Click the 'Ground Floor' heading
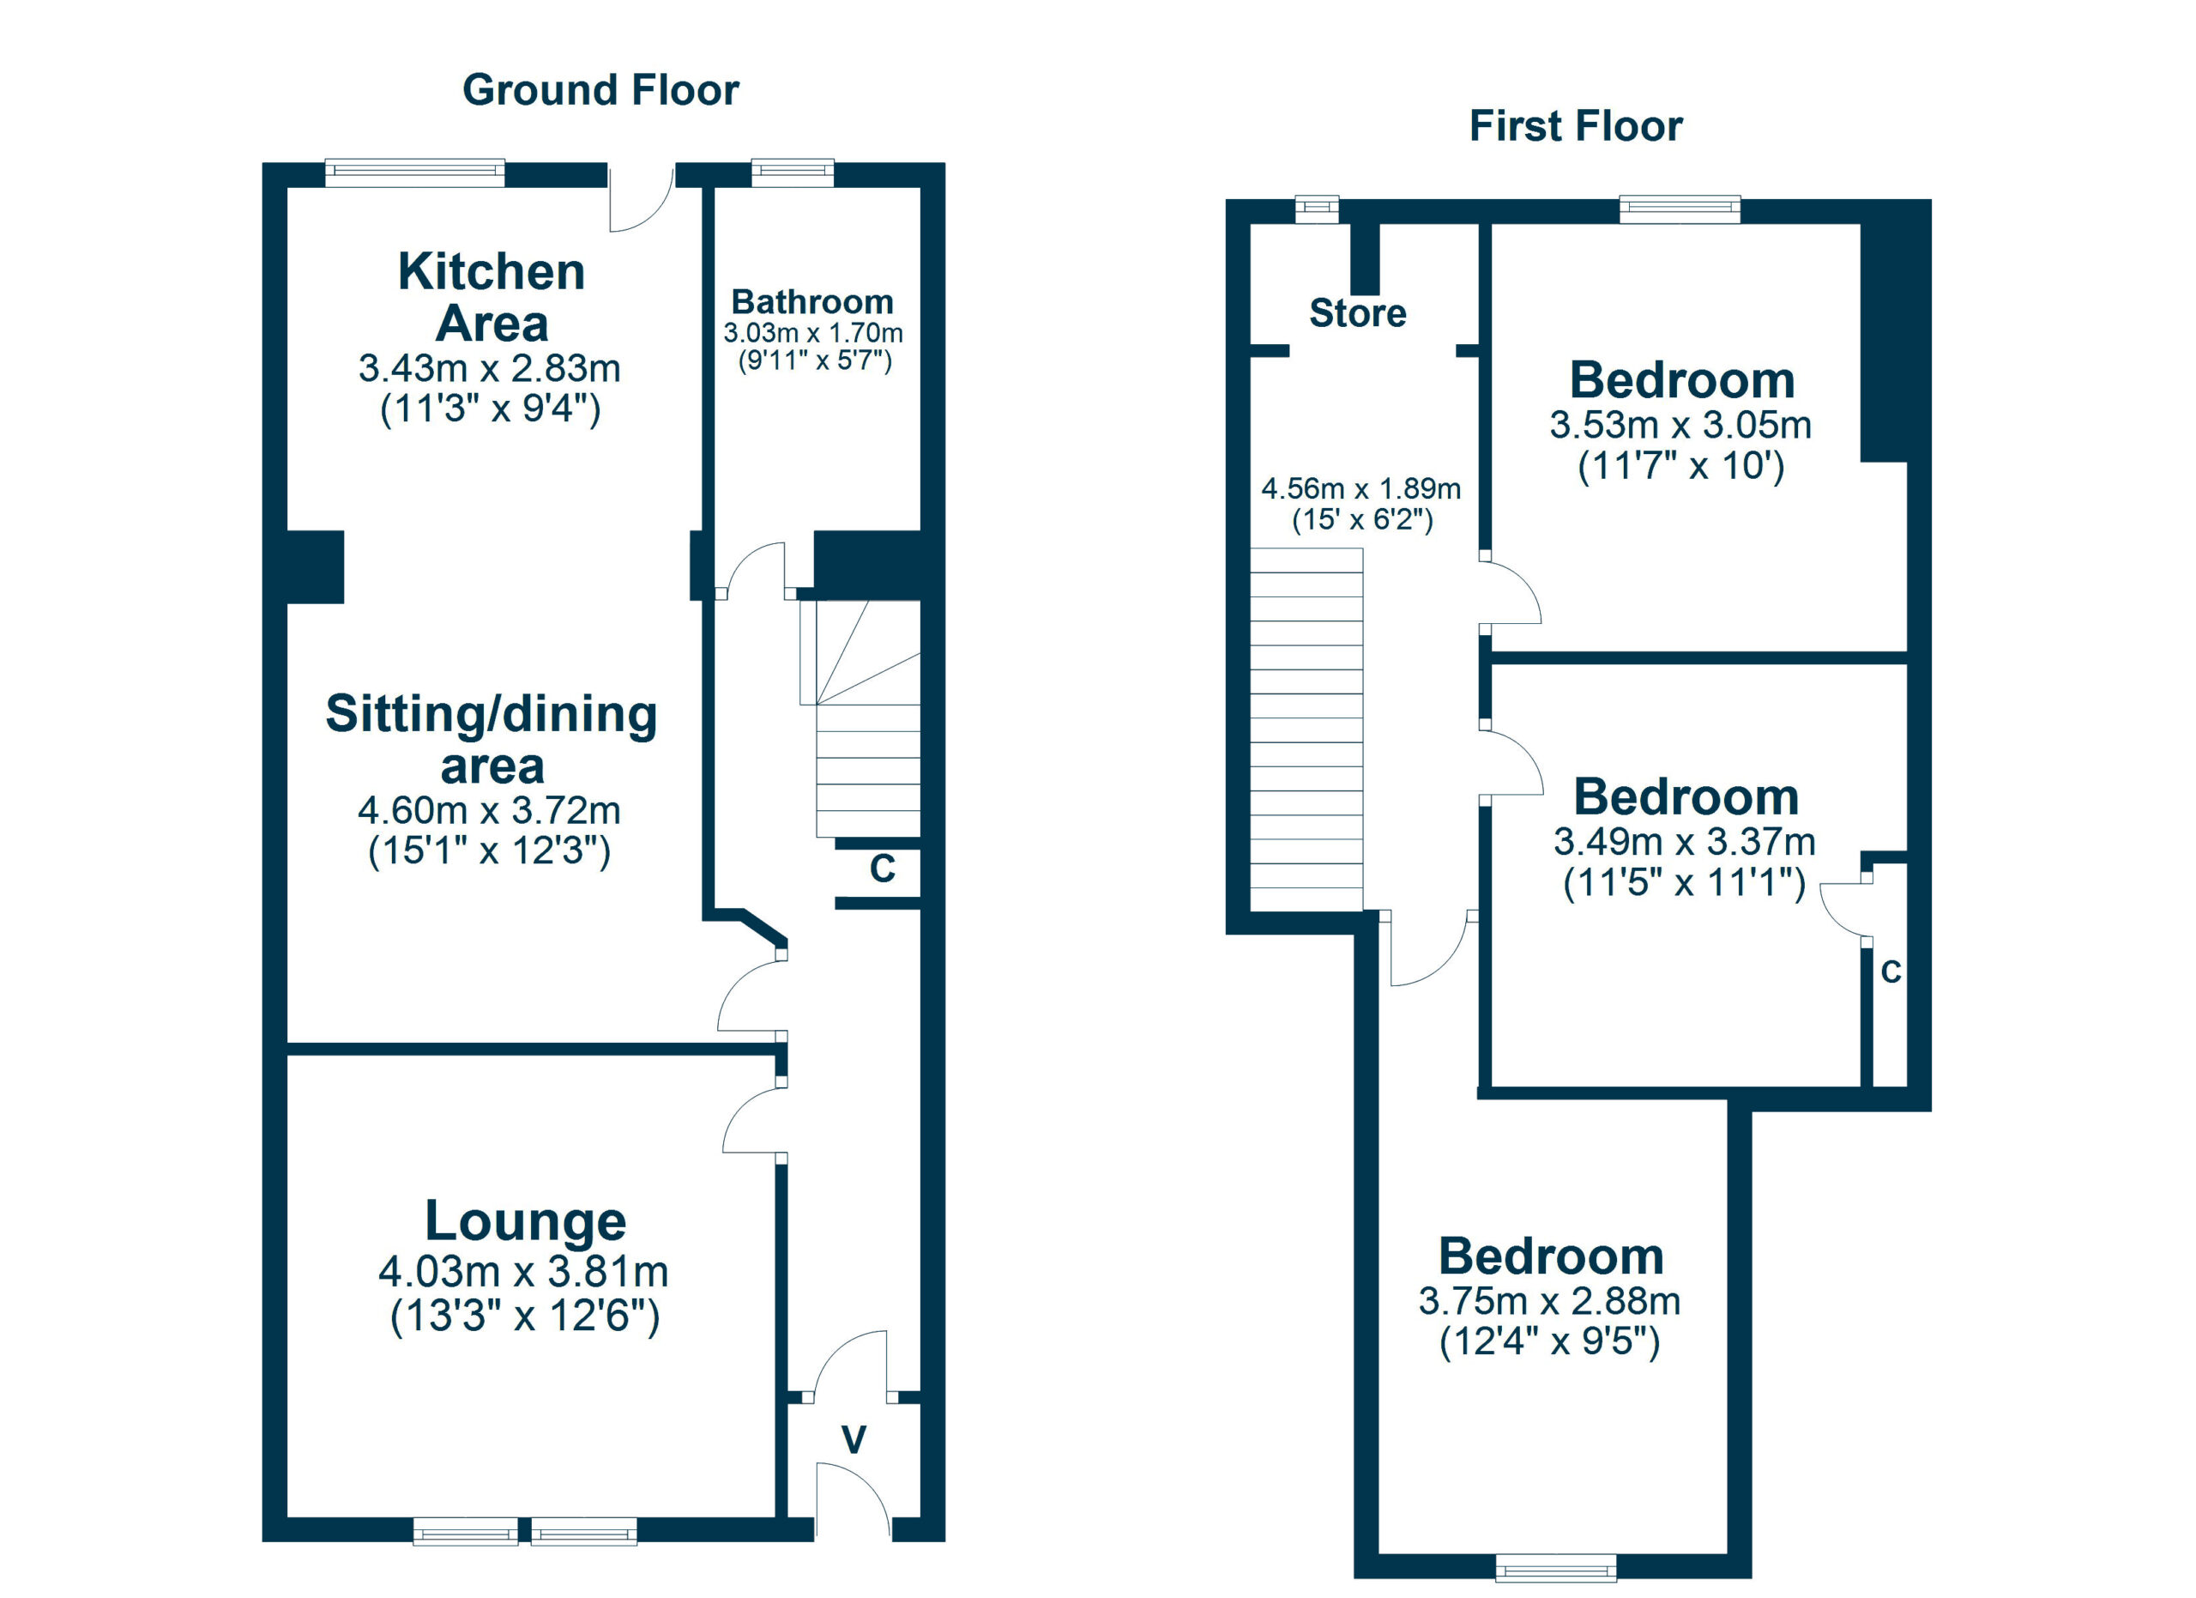pyautogui.click(x=600, y=90)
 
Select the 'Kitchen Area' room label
pyautogui.click(x=492, y=297)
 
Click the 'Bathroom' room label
pyautogui.click(x=812, y=302)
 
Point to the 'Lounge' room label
pyautogui.click(x=526, y=1222)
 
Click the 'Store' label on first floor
pyautogui.click(x=1358, y=314)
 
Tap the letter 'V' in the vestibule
pyautogui.click(x=853, y=1440)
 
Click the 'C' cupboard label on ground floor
pyautogui.click(x=882, y=869)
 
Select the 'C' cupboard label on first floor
pyautogui.click(x=1891, y=972)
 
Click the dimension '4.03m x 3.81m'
pyautogui.click(x=524, y=1272)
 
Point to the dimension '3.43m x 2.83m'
pyautogui.click(x=490, y=369)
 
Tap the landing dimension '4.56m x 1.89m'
pyautogui.click(x=1361, y=488)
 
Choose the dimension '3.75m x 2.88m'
pyautogui.click(x=1550, y=1301)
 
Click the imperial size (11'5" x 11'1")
pyautogui.click(x=1685, y=883)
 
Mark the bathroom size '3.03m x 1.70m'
pyautogui.click(x=813, y=333)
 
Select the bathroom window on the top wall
pyautogui.click(x=792, y=173)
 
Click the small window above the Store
pyautogui.click(x=1318, y=209)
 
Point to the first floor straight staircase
pyautogui.click(x=1307, y=730)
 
